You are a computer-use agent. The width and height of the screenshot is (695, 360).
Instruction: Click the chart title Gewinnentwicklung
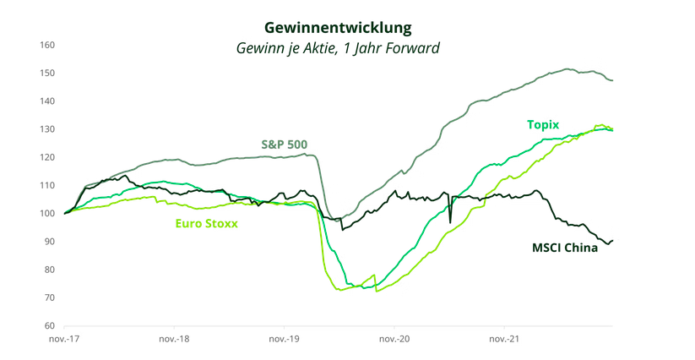click(338, 28)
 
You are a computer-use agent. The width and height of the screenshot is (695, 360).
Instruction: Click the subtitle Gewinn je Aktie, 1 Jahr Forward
click(338, 48)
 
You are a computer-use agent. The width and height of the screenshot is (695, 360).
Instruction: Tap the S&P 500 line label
click(283, 145)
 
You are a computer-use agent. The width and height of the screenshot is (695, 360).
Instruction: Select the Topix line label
click(543, 124)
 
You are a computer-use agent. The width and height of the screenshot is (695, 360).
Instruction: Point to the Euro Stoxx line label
click(207, 224)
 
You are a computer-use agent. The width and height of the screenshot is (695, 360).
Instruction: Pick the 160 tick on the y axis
click(48, 45)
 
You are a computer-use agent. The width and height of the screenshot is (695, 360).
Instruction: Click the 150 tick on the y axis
click(48, 74)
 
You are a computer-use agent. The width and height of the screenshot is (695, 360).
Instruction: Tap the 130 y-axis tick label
click(48, 129)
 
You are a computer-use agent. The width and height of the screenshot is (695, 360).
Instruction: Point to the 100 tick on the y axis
click(48, 214)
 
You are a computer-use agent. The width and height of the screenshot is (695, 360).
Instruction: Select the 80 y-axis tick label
click(50, 270)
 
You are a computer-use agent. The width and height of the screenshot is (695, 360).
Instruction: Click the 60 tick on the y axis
click(50, 326)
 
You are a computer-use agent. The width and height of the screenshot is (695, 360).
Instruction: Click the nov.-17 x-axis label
click(64, 339)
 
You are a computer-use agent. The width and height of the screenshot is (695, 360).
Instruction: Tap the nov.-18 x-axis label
click(174, 339)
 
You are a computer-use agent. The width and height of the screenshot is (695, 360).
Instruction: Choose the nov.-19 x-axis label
click(284, 339)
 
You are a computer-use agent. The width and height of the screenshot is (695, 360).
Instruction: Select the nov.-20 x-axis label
click(394, 339)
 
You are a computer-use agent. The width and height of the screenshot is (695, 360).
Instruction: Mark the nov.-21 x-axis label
click(504, 339)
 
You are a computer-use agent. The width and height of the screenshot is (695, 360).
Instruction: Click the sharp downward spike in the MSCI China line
click(450, 222)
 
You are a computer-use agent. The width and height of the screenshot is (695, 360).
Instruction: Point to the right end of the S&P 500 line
click(612, 80)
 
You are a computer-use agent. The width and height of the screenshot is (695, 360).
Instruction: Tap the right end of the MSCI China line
click(612, 241)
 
